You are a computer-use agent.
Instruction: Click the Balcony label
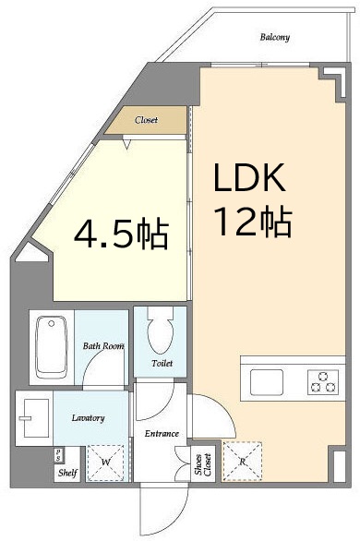coord(274,37)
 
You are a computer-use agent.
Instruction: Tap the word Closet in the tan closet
coord(146,120)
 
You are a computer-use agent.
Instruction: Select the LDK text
coord(249,177)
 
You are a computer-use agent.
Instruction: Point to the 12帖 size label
coord(253,222)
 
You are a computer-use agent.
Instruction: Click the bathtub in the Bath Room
coord(52,347)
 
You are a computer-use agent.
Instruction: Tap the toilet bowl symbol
coord(160,331)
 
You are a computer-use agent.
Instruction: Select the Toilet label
coord(162,363)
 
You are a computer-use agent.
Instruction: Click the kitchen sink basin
coord(267,382)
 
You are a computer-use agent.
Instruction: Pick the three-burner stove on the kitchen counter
coord(323,382)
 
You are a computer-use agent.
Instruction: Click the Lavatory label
coord(88,418)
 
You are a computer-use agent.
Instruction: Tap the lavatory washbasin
coord(34,418)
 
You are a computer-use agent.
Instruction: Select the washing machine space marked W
coord(105,463)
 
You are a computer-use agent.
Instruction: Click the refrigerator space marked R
coord(243,461)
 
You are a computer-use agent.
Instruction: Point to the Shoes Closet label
coord(203,464)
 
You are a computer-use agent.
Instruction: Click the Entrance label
coord(162,433)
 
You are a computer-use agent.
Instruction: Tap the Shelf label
coord(67,473)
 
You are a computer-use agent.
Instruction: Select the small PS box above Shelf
coord(58,455)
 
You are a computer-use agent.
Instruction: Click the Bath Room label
coord(103,345)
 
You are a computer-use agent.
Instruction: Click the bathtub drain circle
coord(52,324)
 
